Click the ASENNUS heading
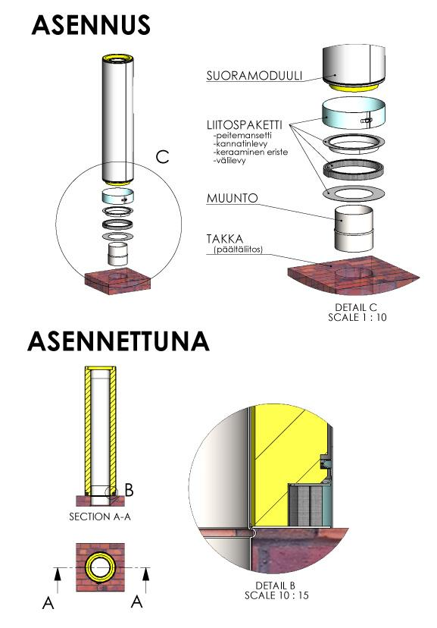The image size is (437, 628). [x=91, y=25]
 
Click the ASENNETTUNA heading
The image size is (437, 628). [x=118, y=341]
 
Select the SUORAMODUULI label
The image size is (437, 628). [x=254, y=76]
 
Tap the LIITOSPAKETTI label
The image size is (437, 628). [x=245, y=124]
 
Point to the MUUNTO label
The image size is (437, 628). [x=233, y=198]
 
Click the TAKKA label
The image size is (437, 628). [x=225, y=239]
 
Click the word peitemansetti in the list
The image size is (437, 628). [x=243, y=135]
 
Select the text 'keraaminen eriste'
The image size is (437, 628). [x=251, y=152]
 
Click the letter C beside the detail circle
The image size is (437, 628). [x=162, y=156]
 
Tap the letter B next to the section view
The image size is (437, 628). [x=129, y=490]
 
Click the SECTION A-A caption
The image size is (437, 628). [x=100, y=517]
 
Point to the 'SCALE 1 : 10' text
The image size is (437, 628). [x=357, y=317]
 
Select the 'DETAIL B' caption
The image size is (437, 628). [x=275, y=586]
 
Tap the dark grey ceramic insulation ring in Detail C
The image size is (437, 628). [x=354, y=169]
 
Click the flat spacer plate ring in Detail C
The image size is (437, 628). [x=354, y=193]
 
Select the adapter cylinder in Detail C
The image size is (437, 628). [x=354, y=229]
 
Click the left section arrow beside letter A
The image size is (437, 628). [x=58, y=580]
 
